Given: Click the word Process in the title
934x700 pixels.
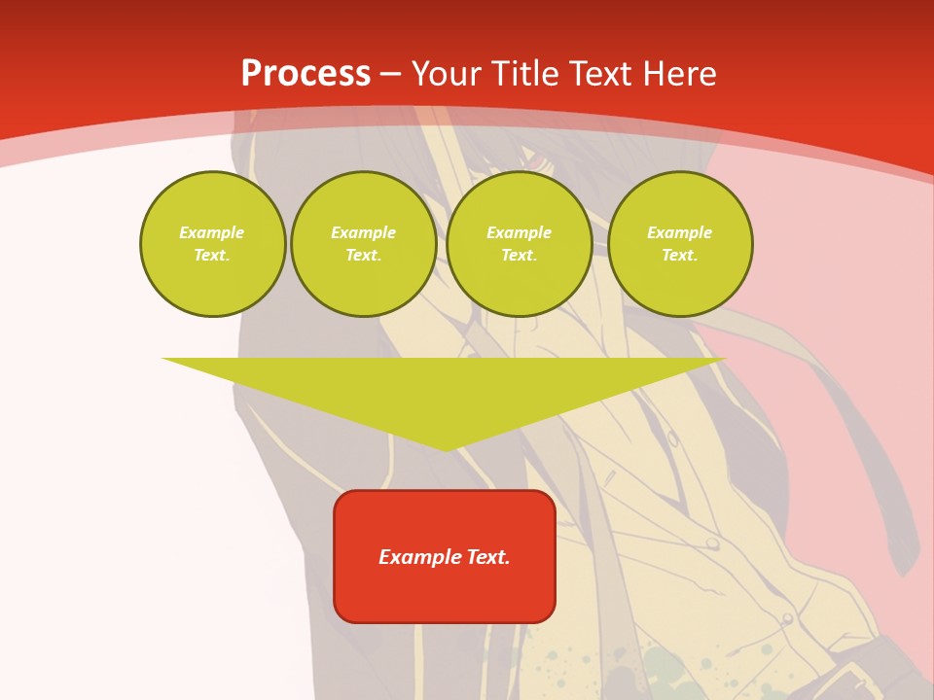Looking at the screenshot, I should coord(305,74).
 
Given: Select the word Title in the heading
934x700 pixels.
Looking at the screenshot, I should coord(530,74).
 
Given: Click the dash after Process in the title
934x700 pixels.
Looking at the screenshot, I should coord(391,76).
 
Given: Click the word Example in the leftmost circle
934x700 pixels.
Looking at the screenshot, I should coord(212,232).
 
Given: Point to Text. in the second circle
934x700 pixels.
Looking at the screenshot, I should coord(363,256).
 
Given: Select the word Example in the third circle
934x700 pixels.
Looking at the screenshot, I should coord(519,232).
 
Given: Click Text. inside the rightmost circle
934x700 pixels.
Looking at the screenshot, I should coord(680,256).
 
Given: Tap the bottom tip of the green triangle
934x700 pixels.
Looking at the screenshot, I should coord(446,448).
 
